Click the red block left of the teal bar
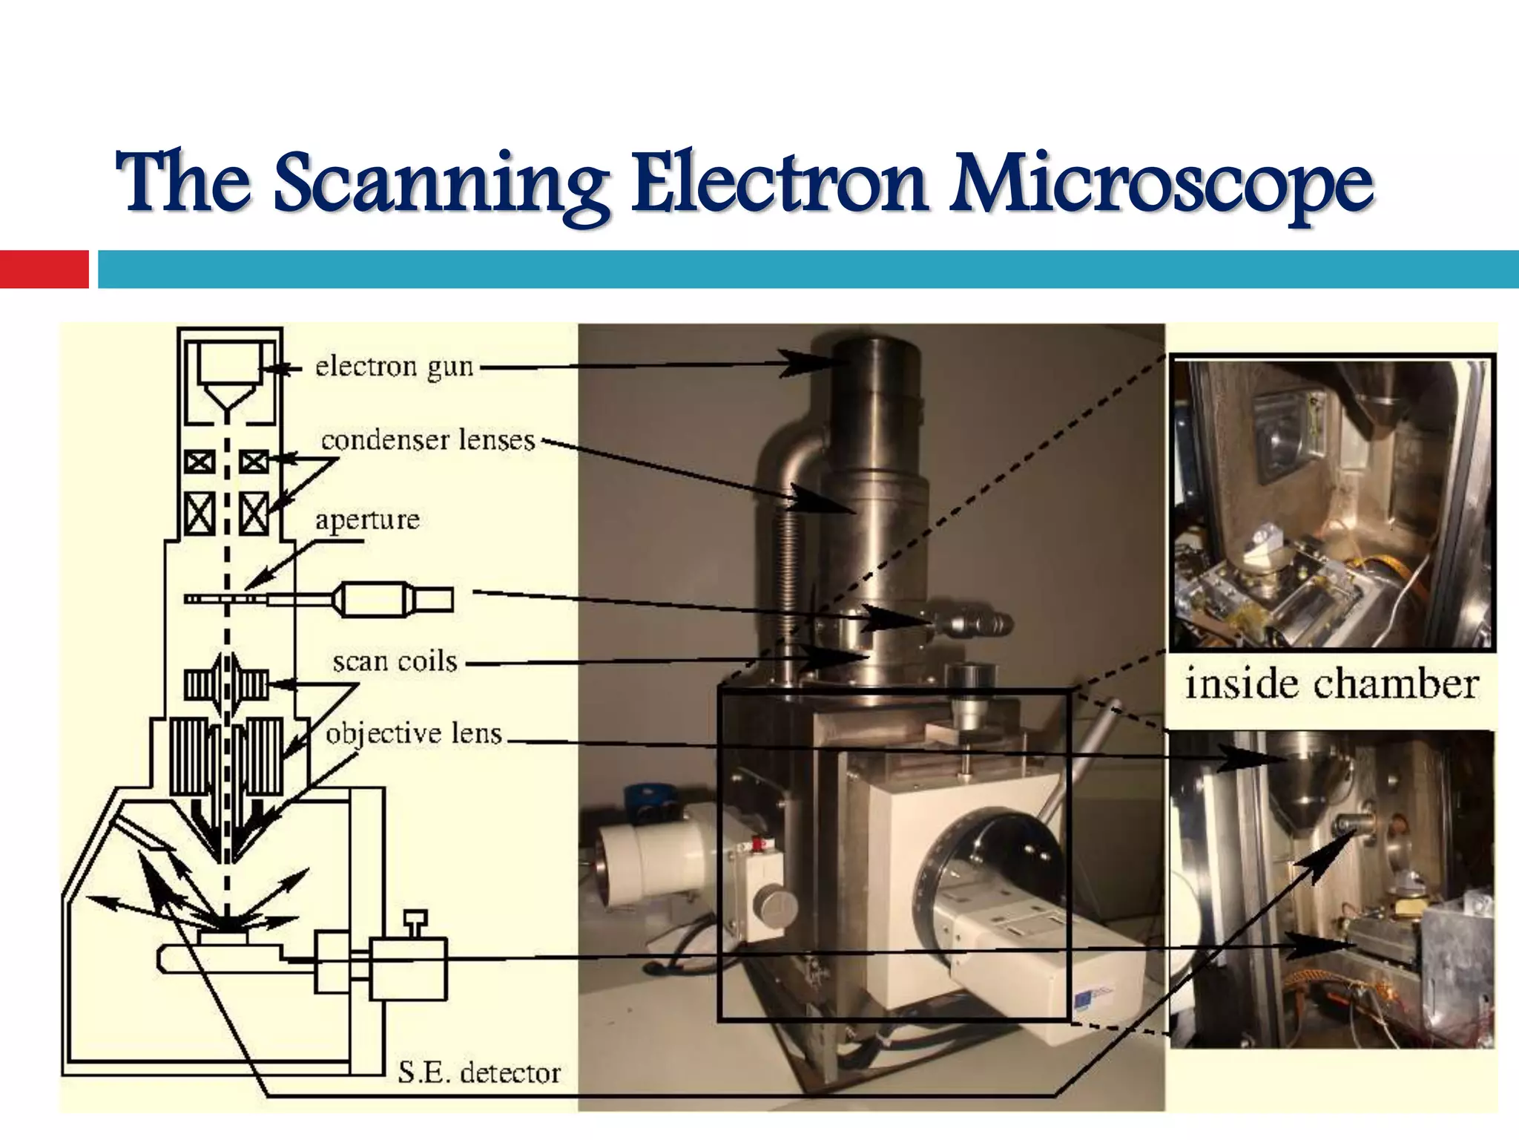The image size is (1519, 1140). point(44,269)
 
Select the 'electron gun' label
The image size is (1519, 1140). point(394,367)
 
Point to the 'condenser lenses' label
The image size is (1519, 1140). point(428,440)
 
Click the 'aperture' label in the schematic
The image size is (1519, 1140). point(367,520)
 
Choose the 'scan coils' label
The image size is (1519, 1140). point(395,661)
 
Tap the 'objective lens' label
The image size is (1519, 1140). point(414,733)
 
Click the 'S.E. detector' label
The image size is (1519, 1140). point(479,1072)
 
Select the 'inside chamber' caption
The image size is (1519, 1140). point(1331,684)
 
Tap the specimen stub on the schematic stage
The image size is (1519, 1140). point(223,937)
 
